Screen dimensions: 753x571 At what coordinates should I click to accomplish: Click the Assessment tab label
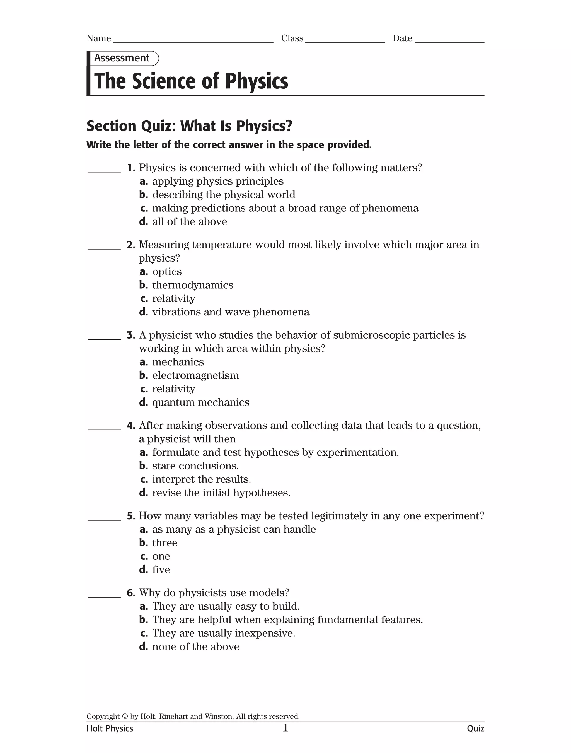click(x=122, y=58)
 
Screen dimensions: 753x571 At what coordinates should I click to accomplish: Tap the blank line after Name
click(x=193, y=40)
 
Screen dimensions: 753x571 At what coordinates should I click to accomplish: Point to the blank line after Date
click(x=449, y=40)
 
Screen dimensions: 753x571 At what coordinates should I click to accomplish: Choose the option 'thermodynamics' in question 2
click(x=192, y=285)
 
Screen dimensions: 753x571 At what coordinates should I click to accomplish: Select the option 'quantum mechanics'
click(x=200, y=402)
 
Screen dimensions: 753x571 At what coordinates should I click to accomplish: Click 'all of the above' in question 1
click(x=189, y=222)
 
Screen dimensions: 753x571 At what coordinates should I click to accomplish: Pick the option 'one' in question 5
click(x=161, y=556)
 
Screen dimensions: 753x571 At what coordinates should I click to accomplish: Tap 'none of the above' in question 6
click(x=195, y=646)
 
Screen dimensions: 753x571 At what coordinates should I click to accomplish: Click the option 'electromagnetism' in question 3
click(x=195, y=375)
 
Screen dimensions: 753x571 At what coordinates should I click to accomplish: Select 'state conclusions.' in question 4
click(x=195, y=466)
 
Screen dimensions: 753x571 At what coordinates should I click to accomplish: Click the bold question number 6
click(x=131, y=593)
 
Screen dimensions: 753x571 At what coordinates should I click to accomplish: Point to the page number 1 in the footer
click(x=285, y=728)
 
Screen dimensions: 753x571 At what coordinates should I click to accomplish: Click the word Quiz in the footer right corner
click(x=475, y=728)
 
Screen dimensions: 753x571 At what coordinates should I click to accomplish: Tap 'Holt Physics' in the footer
click(x=110, y=728)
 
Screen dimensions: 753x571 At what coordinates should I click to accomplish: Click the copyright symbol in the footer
click(x=125, y=716)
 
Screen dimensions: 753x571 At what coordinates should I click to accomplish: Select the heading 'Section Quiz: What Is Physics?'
click(x=189, y=126)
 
